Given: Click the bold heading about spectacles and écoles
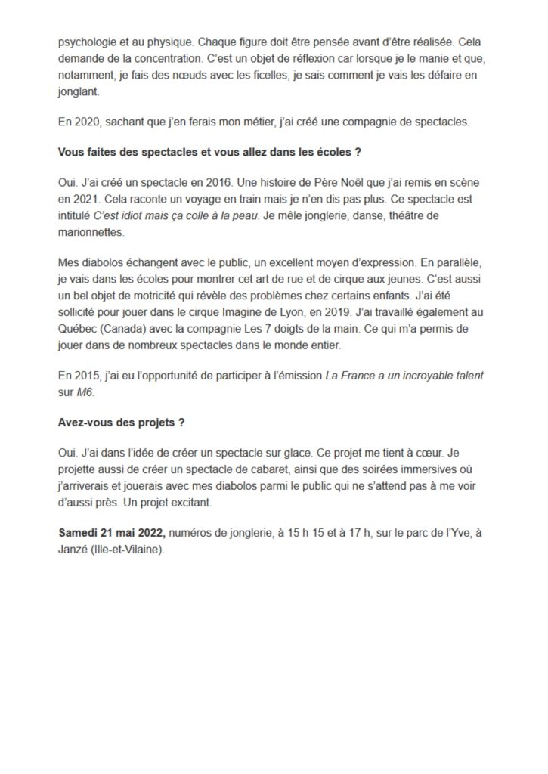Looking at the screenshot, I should pos(209,151).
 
